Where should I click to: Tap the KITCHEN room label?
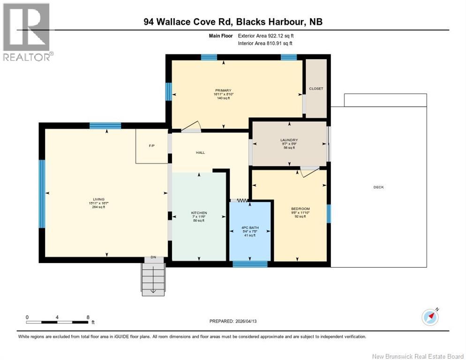point(199,213)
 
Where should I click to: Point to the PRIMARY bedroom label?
point(223,90)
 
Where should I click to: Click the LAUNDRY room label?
point(289,140)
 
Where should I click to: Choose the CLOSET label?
point(316,89)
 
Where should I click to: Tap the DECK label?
point(378,187)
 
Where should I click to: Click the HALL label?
point(201,152)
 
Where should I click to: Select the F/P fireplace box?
point(151,146)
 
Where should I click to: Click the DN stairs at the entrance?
point(153,277)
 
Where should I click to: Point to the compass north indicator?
point(430,317)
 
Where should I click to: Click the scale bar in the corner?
point(57,322)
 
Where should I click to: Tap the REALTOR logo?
point(27,32)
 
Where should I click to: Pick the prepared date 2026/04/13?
point(233,321)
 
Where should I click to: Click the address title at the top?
point(233,22)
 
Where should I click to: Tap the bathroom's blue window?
point(250,264)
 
